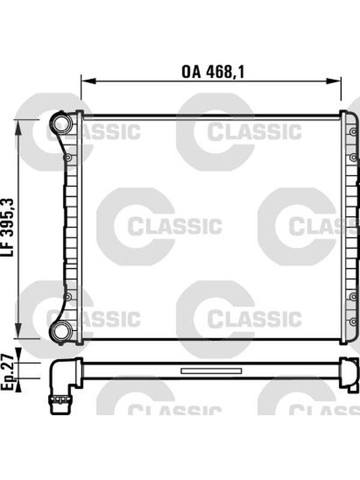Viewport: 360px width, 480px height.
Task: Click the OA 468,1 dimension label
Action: click(213, 72)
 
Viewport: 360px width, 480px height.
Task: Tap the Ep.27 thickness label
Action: click(8, 372)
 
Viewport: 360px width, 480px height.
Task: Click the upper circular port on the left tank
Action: click(63, 122)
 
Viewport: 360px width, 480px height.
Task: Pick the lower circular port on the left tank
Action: click(63, 331)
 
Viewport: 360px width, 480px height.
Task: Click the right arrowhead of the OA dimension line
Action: click(334, 81)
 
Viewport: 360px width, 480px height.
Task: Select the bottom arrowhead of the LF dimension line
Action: click(19, 331)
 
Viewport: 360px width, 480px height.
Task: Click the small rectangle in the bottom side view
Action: click(211, 371)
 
